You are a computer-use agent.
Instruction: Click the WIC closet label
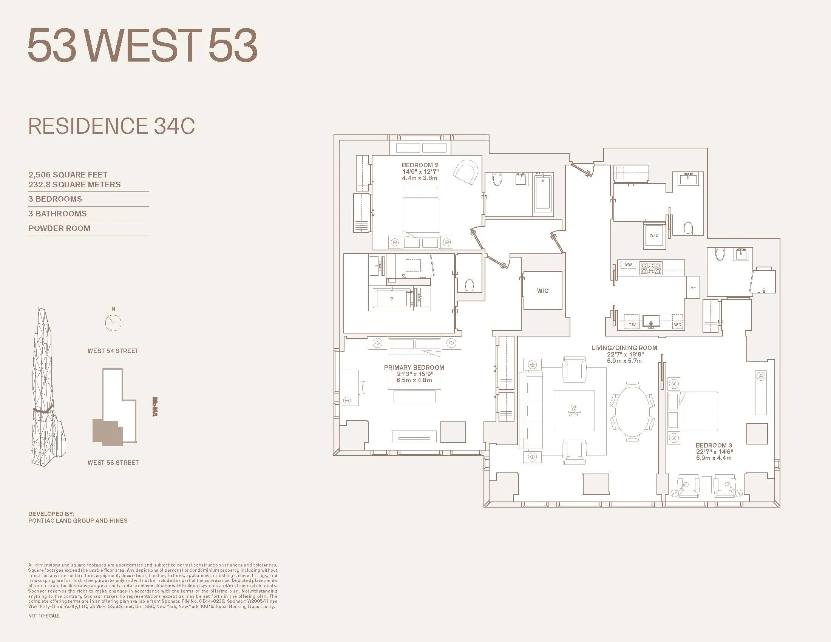542,291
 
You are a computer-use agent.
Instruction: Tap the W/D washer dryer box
654,235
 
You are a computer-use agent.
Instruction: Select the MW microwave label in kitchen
628,265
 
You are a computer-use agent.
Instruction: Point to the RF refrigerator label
693,287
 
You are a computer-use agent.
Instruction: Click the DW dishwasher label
632,325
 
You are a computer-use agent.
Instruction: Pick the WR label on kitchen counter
677,325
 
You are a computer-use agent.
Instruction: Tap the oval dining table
633,412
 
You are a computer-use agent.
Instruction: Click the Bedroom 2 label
420,165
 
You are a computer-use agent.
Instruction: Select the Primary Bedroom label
414,367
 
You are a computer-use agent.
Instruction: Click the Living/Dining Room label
624,347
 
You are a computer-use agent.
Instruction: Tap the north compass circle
113,323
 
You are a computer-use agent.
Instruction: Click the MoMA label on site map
154,407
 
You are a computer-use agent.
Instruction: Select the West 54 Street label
113,351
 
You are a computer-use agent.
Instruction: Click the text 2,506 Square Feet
68,174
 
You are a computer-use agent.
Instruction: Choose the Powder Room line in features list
59,228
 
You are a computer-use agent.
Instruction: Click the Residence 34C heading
111,126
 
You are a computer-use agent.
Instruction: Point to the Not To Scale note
44,616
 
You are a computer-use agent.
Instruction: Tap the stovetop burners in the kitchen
651,268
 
